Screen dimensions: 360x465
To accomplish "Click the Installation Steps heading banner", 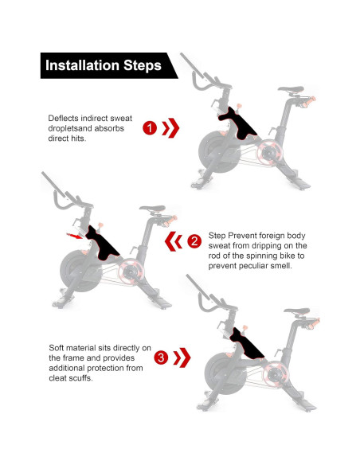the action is [x=108, y=65].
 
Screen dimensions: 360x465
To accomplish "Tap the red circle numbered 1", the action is [x=150, y=128].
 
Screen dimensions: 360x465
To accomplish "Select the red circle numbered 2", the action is [x=194, y=241].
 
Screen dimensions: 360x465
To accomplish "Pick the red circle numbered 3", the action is [x=161, y=358].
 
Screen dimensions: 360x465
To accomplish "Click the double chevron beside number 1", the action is [x=170, y=128].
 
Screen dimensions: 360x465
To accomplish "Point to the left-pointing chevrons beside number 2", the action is [x=174, y=241].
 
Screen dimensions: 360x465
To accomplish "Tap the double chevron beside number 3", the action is [x=182, y=358].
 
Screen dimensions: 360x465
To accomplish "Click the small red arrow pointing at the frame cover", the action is [x=74, y=236].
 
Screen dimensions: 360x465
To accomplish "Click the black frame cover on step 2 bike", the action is [x=102, y=244].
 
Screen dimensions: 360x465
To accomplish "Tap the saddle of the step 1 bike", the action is [x=291, y=89].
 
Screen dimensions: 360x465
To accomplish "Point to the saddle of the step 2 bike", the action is [x=152, y=208].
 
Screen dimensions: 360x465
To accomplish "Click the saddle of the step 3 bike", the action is [x=297, y=311].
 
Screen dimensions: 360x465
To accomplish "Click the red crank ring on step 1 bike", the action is [x=269, y=152].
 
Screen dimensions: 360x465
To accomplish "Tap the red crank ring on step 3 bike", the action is [x=276, y=374].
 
